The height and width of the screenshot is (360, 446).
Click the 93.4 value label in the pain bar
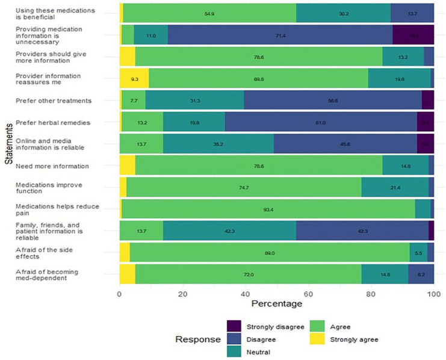[x=270, y=209]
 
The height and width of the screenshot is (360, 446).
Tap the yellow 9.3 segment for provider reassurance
[x=134, y=79]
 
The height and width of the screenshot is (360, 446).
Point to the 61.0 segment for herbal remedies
[x=321, y=123]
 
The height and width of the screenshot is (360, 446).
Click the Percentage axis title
[x=277, y=305]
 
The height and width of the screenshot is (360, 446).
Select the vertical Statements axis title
[x=8, y=144]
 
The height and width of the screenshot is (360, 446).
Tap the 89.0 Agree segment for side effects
[x=270, y=253]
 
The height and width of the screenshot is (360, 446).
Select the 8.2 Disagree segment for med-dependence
[x=421, y=274]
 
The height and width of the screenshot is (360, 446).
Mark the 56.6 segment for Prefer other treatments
[x=333, y=101]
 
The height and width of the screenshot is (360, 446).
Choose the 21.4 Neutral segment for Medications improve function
[x=395, y=187]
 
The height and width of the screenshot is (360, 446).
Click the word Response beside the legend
[x=197, y=340]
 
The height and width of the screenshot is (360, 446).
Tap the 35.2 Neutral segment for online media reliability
[x=218, y=144]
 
